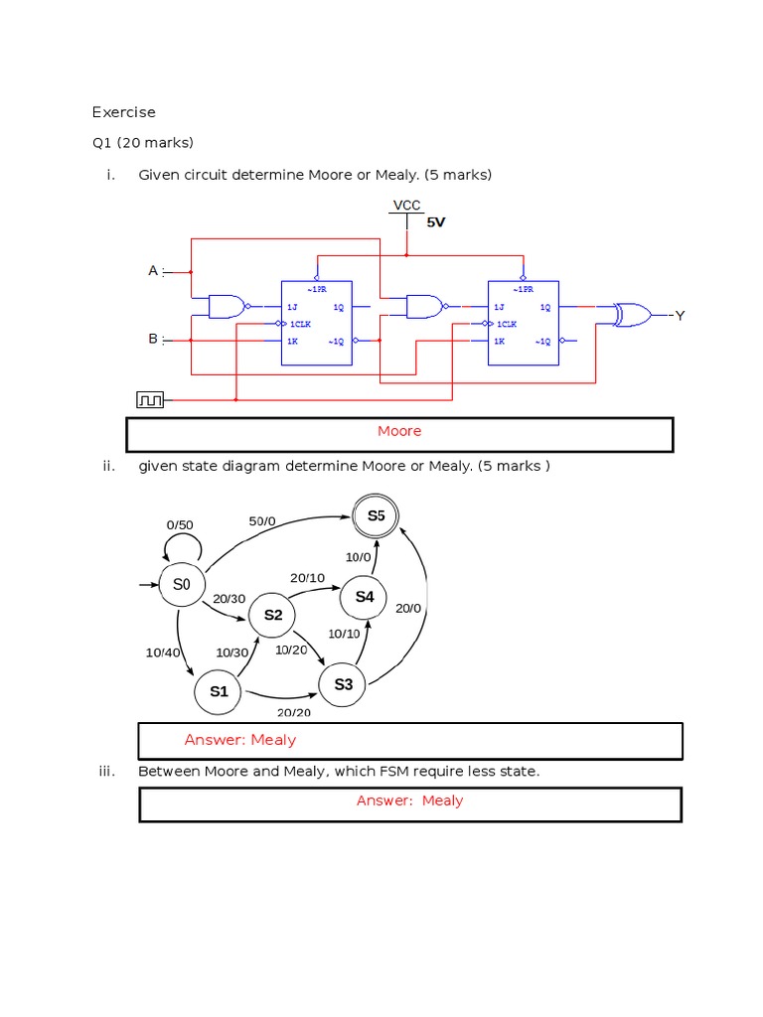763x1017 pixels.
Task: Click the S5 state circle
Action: [x=376, y=515]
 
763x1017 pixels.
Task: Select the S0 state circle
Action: [x=181, y=585]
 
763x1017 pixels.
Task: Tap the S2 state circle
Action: [x=272, y=616]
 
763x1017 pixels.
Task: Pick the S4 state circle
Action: [x=365, y=597]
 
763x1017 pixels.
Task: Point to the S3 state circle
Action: [x=343, y=684]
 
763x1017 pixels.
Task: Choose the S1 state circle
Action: [x=219, y=691]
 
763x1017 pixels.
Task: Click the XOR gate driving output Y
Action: [x=630, y=315]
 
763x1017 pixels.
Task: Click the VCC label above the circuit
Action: [x=407, y=206]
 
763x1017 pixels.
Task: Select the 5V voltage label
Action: [x=436, y=222]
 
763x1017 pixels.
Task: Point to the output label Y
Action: [x=680, y=316]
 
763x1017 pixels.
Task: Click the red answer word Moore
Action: [x=399, y=431]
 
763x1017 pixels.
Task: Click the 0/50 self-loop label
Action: [x=180, y=524]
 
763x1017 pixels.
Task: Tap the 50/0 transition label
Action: [x=262, y=520]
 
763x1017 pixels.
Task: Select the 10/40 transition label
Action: [x=163, y=653]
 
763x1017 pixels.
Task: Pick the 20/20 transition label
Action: [x=293, y=712]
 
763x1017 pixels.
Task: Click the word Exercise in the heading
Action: [x=124, y=112]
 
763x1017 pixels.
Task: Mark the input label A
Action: [x=153, y=270]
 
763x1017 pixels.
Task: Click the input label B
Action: [x=153, y=340]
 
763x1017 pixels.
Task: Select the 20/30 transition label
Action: [x=229, y=598]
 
